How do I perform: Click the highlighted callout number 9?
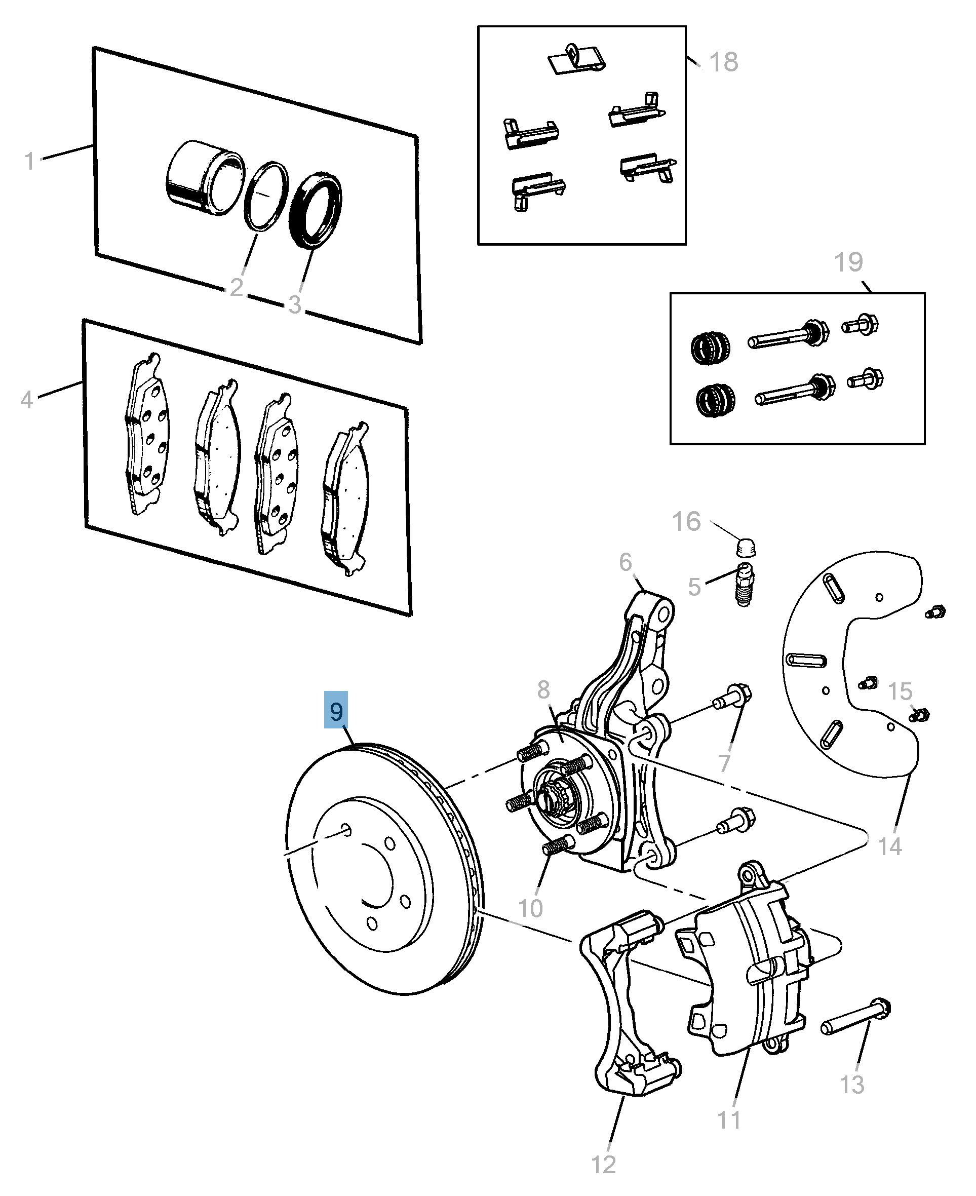(336, 711)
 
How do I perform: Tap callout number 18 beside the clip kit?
(724, 62)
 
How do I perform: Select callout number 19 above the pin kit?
(848, 262)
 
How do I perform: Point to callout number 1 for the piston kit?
(30, 162)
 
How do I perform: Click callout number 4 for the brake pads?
(26, 400)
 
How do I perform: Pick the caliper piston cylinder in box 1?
(205, 177)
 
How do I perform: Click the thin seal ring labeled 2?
(266, 196)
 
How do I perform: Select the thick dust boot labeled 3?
(316, 210)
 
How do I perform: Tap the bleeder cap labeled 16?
(746, 547)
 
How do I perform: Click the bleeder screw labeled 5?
(745, 585)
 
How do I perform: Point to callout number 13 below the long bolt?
(851, 1084)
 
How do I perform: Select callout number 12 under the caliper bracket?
(603, 1165)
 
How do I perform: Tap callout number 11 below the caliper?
(729, 1120)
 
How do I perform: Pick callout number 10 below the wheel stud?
(530, 908)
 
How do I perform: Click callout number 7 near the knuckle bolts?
(724, 763)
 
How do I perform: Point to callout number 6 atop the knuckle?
(625, 562)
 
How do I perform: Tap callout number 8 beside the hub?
(543, 689)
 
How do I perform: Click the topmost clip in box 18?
(576, 59)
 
